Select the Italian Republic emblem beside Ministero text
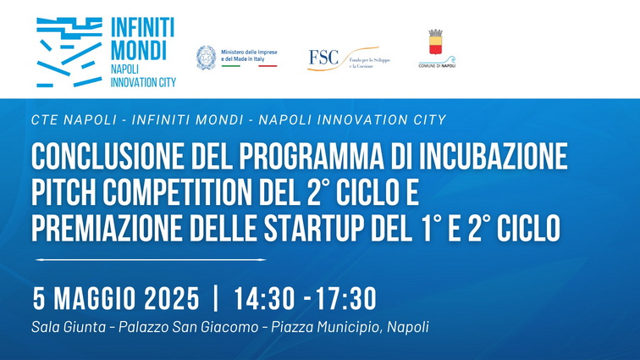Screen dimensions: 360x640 click(x=205, y=58)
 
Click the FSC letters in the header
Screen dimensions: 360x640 click(x=323, y=58)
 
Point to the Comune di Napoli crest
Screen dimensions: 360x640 click(x=436, y=42)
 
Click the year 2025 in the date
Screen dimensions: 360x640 click(x=171, y=299)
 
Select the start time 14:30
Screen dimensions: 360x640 click(x=263, y=299)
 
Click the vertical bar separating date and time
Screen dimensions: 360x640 click(x=217, y=299)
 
